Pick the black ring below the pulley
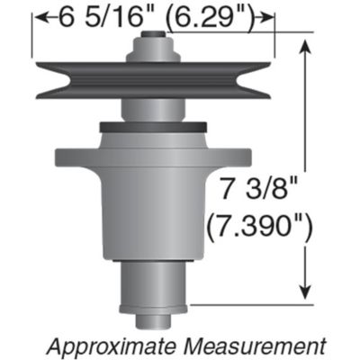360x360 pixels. (x=155, y=127)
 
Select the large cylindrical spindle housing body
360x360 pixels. (x=155, y=216)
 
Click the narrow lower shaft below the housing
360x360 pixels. (x=155, y=288)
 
